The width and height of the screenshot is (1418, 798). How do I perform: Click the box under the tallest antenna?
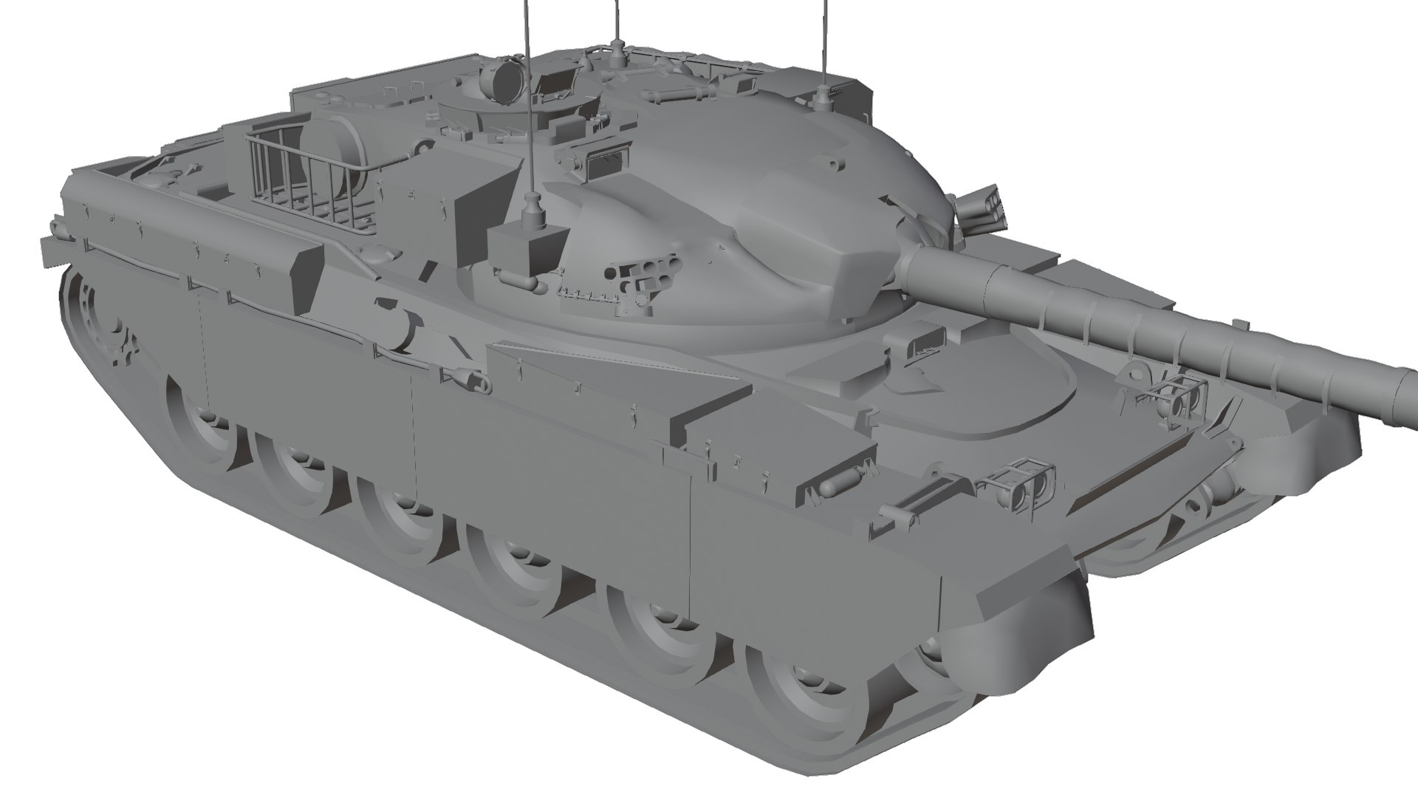(527, 250)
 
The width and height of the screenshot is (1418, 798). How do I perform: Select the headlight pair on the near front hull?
(1023, 483)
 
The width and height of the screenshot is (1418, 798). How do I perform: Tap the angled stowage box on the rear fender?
(306, 277)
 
